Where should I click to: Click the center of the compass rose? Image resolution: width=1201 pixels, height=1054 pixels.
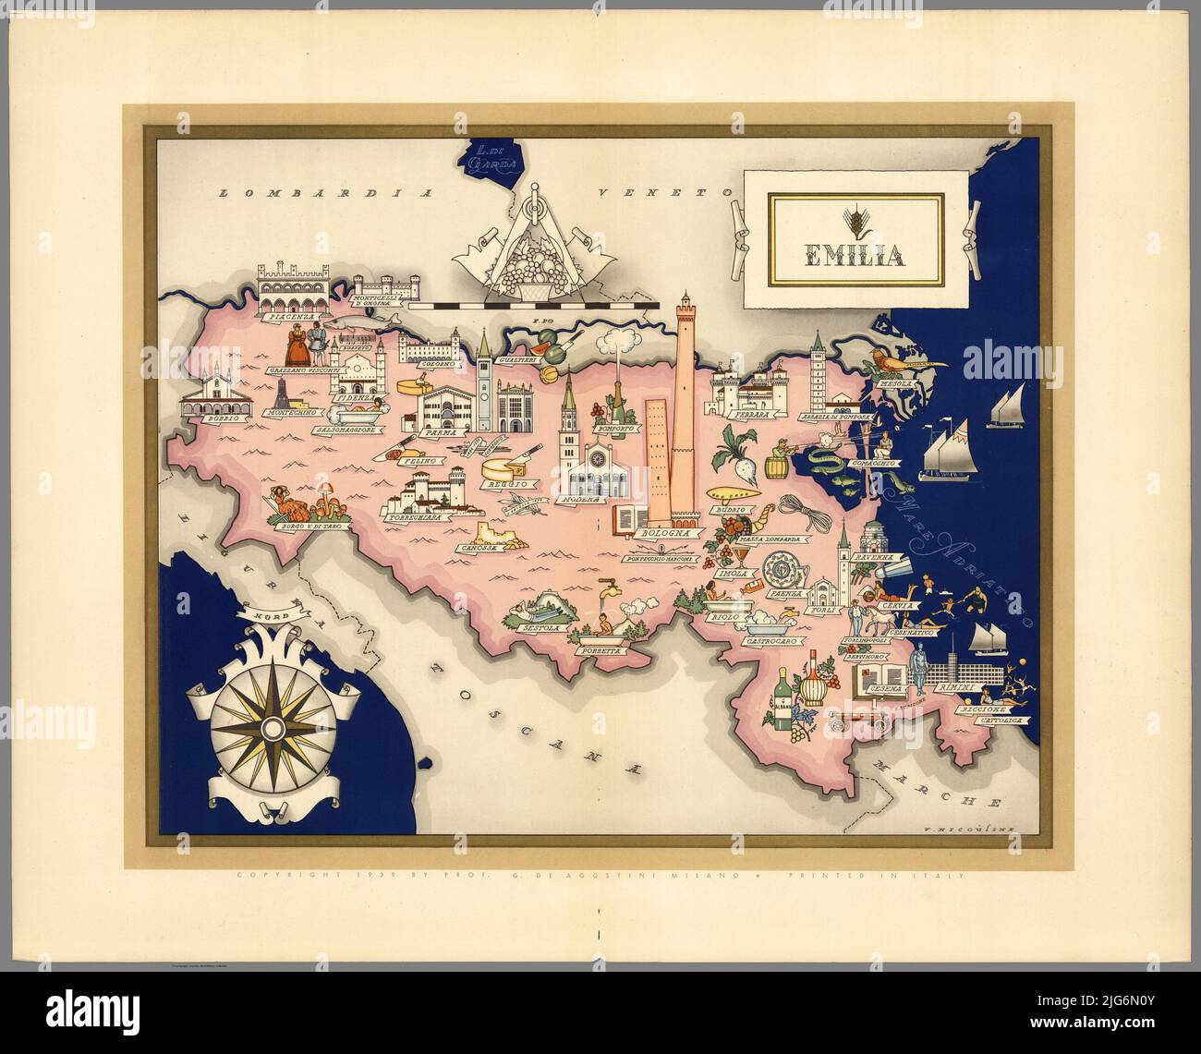[x=272, y=730]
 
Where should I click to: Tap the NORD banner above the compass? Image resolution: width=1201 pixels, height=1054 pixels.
[x=255, y=611]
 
